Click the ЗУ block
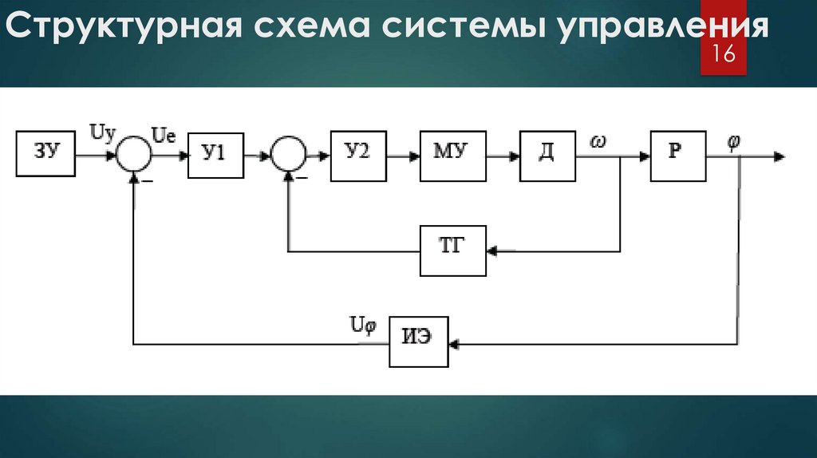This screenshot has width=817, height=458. click(45, 154)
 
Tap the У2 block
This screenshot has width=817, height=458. click(358, 154)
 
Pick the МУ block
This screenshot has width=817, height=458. click(453, 154)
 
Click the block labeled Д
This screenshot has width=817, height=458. click(547, 154)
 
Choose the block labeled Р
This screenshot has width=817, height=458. click(677, 154)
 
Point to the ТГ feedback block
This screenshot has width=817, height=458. click(452, 251)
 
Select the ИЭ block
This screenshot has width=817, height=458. click(419, 341)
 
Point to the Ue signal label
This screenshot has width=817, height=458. click(163, 136)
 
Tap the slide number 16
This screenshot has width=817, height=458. click(724, 55)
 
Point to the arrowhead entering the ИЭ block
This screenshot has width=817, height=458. click(453, 344)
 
